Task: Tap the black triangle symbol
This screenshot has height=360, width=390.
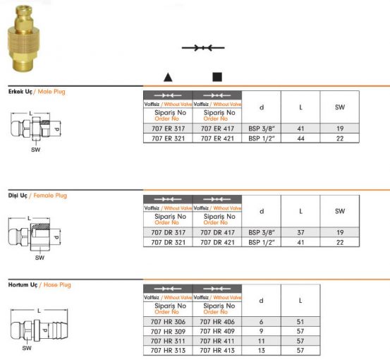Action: click(167, 77)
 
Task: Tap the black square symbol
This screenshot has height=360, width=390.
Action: click(217, 77)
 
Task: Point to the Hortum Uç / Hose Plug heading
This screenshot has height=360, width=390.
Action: click(39, 285)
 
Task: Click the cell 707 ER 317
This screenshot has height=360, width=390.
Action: click(167, 129)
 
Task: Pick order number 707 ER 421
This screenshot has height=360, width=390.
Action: click(217, 138)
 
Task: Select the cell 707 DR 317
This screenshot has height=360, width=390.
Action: click(167, 232)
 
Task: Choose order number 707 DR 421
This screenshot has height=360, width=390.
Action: click(217, 241)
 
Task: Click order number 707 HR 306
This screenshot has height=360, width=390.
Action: click(167, 322)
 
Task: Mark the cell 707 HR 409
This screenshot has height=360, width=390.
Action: click(217, 331)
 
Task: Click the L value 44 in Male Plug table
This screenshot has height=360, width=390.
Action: click(300, 138)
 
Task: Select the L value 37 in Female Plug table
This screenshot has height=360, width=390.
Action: click(300, 232)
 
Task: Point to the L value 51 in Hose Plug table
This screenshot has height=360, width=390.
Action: click(300, 322)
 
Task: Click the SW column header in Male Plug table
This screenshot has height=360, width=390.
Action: click(340, 107)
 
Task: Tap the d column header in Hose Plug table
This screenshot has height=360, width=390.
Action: click(261, 301)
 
